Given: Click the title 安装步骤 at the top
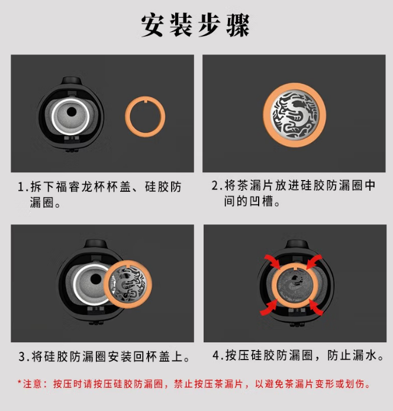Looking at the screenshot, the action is click(195, 25).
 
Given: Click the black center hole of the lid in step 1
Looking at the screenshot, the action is click(72, 112).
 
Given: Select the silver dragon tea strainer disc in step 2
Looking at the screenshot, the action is click(295, 115).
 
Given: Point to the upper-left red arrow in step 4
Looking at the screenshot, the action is click(272, 262).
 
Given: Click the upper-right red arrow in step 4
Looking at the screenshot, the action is click(314, 262).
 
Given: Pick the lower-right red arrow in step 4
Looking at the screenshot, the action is click(316, 307).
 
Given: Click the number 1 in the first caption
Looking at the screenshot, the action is click(21, 187).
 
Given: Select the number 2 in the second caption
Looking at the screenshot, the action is click(215, 185).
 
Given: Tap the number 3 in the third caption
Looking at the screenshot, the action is click(22, 357).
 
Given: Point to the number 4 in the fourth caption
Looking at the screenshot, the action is click(216, 355).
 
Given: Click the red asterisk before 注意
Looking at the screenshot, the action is click(19, 382).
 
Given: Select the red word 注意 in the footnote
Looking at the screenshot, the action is click(32, 384).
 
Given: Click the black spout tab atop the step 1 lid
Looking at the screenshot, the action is click(70, 81).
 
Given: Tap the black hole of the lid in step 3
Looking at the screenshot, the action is click(96, 279).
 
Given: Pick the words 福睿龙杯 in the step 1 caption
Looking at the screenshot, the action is click(81, 187).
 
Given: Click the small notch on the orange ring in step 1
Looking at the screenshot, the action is click(145, 99).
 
